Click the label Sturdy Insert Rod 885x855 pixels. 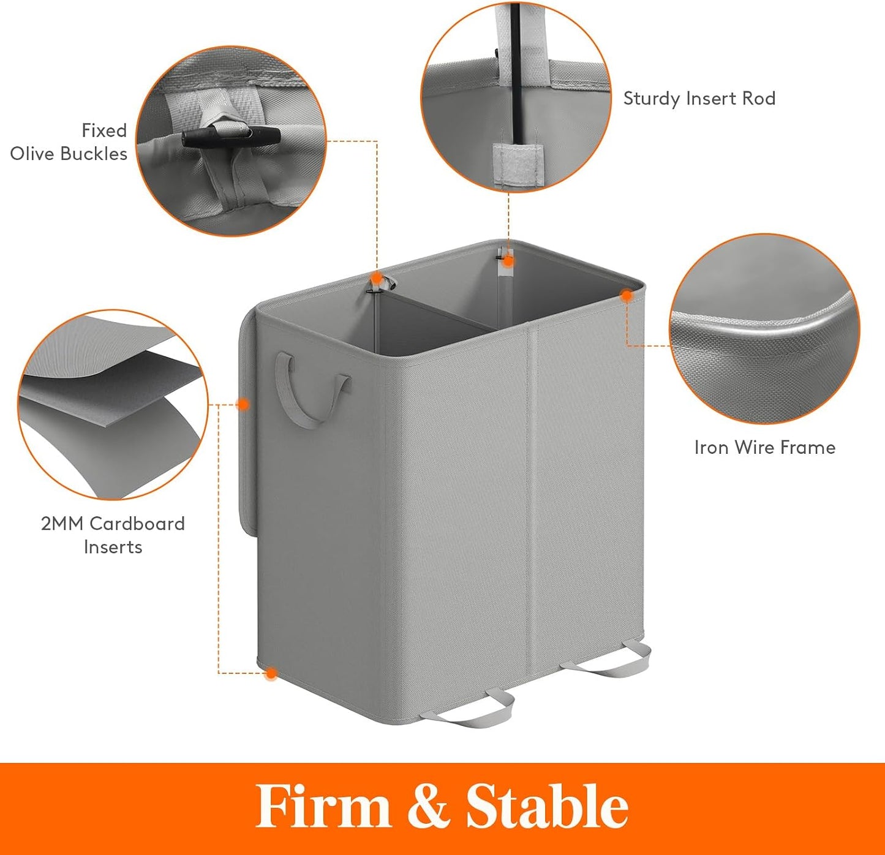[699, 99]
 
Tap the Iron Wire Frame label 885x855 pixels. [765, 448]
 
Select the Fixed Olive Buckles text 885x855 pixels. [69, 142]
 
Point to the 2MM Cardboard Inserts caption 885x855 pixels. [113, 535]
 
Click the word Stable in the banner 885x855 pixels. [548, 807]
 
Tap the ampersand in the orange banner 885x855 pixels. [428, 807]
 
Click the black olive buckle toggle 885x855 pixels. [231, 137]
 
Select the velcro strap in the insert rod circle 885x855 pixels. [519, 165]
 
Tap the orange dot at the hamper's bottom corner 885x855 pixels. [271, 674]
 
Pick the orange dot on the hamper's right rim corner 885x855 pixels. [627, 296]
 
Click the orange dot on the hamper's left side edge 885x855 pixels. [243, 404]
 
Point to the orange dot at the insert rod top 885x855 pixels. [508, 261]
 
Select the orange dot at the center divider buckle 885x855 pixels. [377, 278]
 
